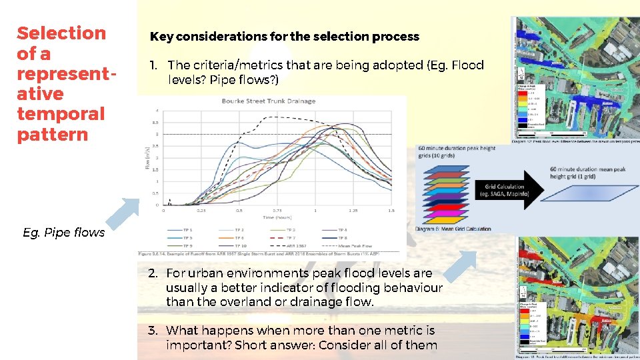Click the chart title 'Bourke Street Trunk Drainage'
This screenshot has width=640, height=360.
(269, 101)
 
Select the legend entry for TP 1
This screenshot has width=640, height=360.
(183, 229)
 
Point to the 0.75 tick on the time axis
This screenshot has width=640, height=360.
(276, 210)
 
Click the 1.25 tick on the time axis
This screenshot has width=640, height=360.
(353, 210)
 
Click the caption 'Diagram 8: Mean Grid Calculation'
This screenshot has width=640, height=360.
(453, 229)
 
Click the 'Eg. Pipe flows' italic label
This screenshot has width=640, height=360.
(63, 232)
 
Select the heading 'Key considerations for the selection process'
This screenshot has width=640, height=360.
(285, 37)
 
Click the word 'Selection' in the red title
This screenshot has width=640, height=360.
(61, 33)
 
